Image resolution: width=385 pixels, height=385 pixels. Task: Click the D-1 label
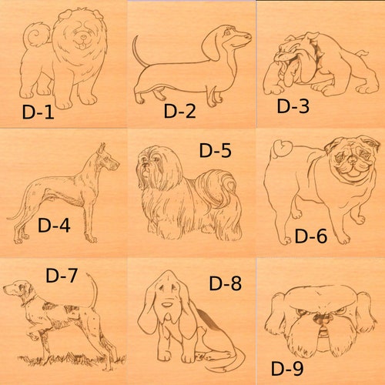pos(37,112)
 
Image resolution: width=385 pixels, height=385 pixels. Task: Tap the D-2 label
pos(179,111)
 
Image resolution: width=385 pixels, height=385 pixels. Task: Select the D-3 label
pos(293,106)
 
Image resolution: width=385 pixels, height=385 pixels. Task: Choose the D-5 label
pos(215,150)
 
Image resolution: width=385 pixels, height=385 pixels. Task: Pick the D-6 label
pos(311,236)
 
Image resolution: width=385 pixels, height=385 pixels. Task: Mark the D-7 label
pos(62,275)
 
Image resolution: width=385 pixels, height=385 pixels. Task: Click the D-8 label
pos(225,283)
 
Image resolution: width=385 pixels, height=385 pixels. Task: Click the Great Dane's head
pos(106,159)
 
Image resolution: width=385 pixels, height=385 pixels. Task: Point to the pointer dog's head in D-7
pos(18,290)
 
